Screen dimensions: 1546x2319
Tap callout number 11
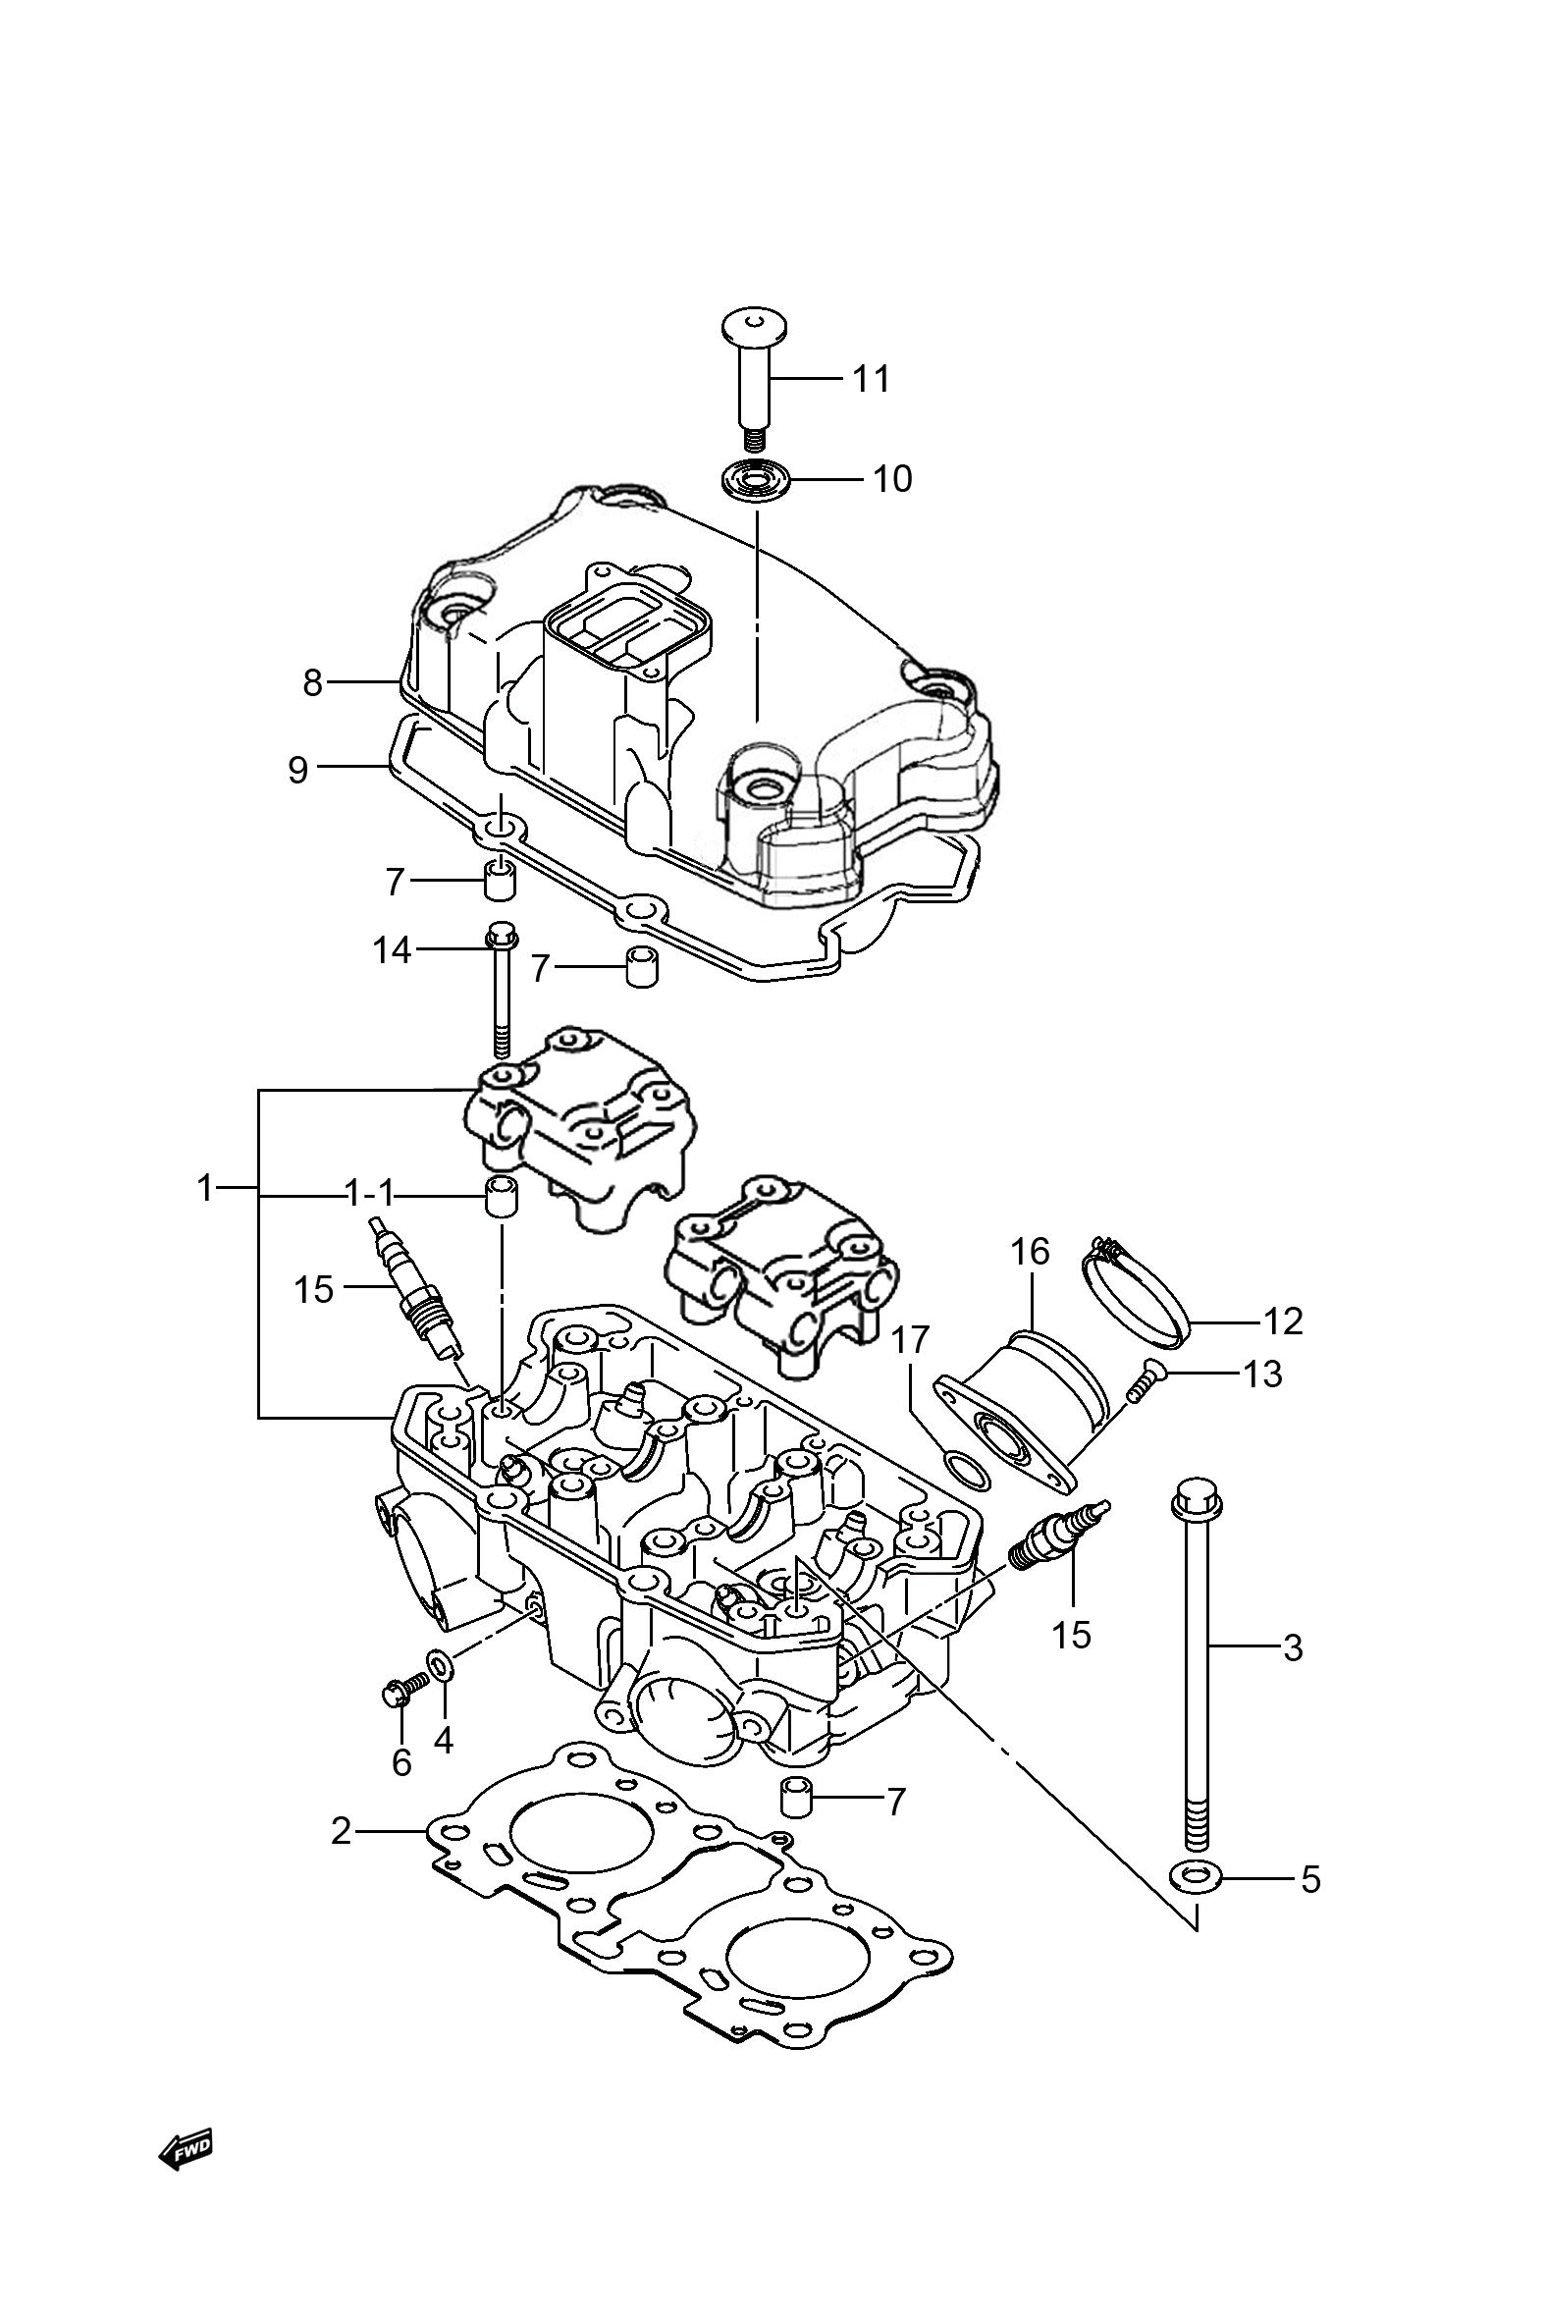(x=871, y=379)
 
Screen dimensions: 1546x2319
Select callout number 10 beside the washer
(x=892, y=479)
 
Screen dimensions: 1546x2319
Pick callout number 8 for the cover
(x=312, y=682)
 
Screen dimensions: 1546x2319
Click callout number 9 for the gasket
(x=298, y=769)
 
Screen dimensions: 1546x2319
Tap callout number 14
(x=392, y=949)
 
